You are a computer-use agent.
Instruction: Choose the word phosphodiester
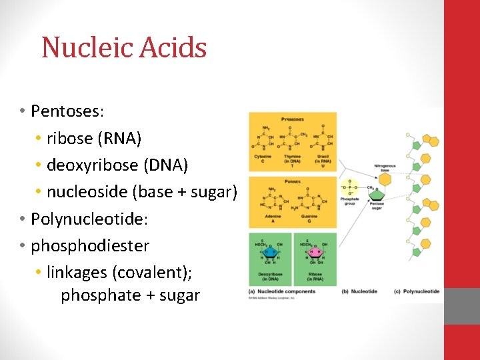[x=90, y=245]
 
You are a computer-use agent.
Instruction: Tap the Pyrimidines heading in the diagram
[x=292, y=119]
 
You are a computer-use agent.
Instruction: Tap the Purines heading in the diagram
[x=292, y=181]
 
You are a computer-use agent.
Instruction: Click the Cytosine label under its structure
[x=263, y=157]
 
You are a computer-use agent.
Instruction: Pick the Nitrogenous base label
[x=385, y=167]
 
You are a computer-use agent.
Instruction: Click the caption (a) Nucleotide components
[x=281, y=291]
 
